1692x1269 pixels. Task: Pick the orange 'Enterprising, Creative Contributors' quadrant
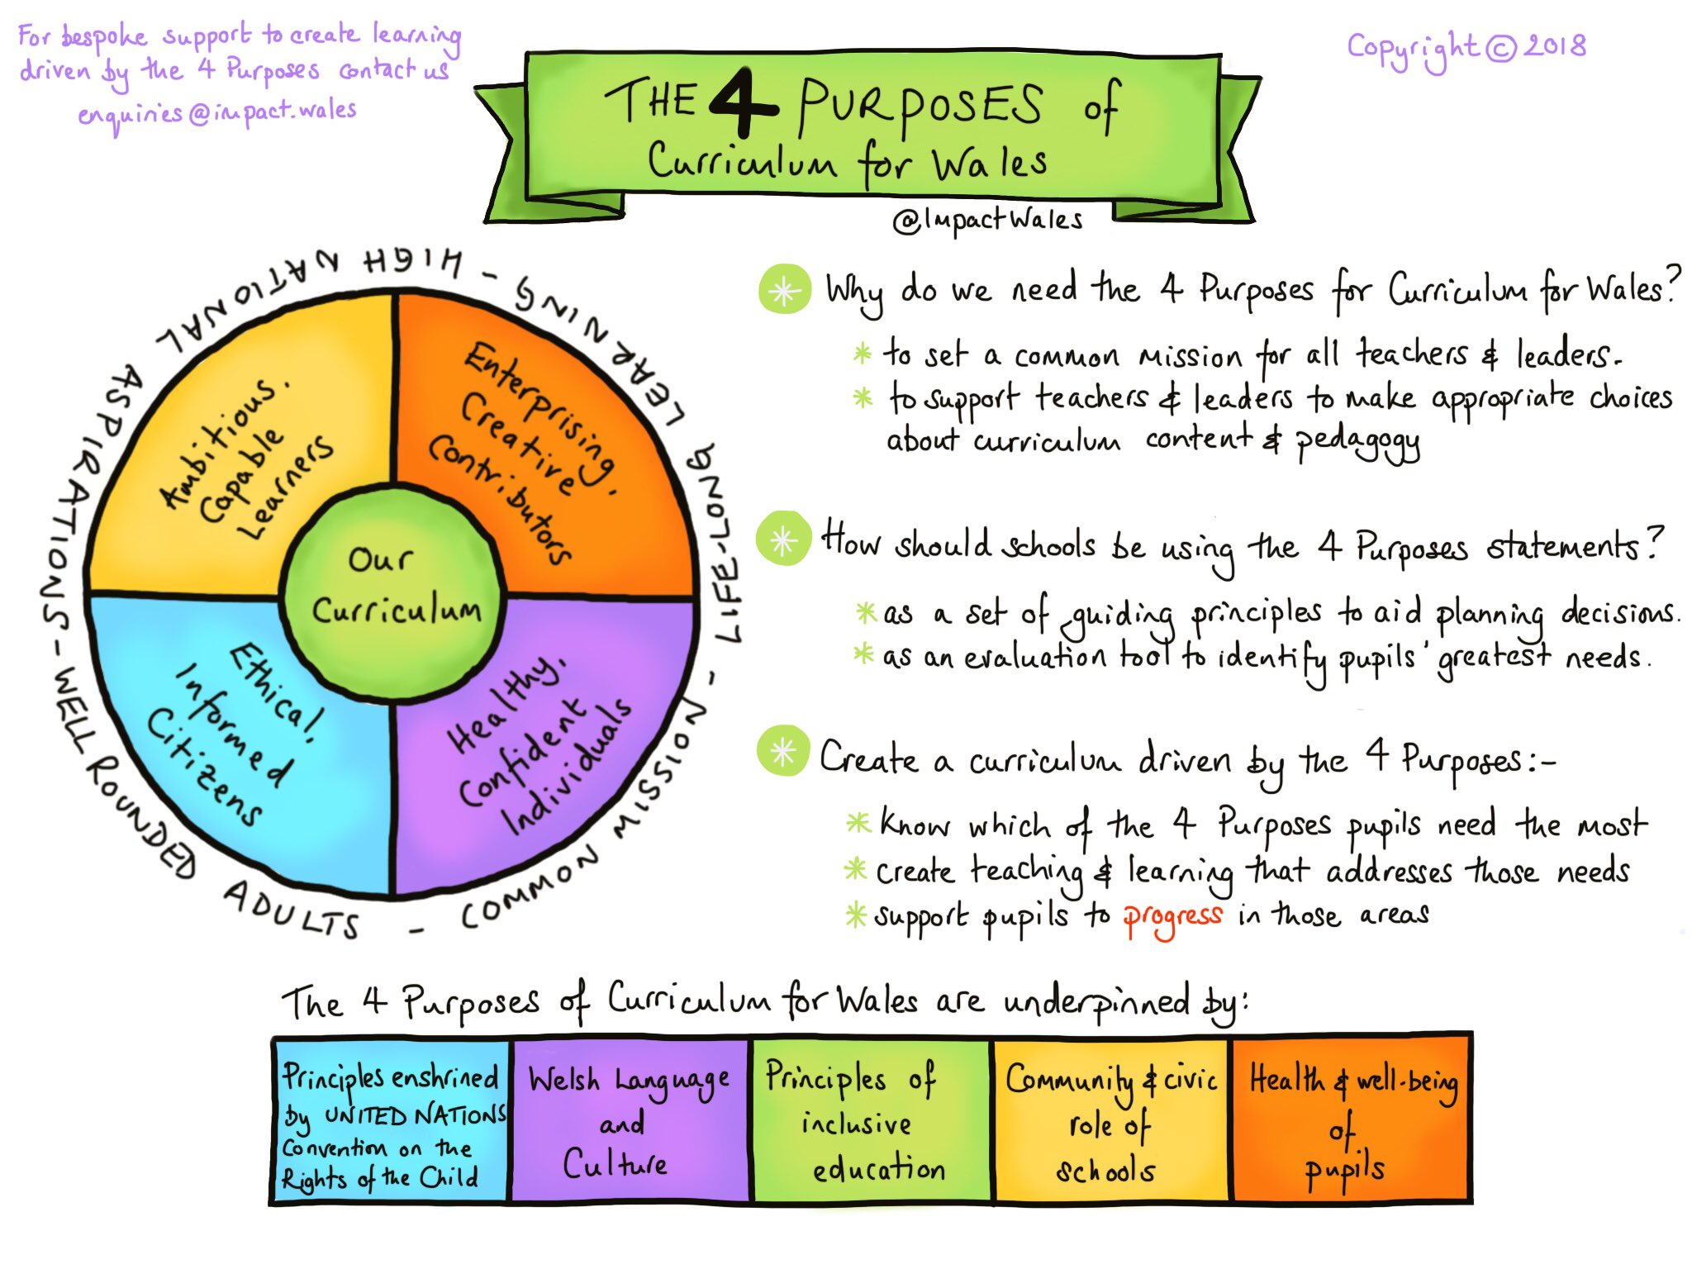[545, 446]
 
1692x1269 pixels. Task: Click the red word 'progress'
[1172, 918]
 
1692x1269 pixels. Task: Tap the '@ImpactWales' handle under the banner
[987, 220]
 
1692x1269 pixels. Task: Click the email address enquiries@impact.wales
[217, 113]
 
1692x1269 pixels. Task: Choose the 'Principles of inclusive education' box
[868, 1119]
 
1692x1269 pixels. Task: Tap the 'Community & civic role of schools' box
[1109, 1119]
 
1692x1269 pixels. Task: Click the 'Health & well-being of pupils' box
[1351, 1119]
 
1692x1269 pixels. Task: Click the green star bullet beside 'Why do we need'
[784, 290]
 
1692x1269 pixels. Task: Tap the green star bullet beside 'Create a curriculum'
[782, 751]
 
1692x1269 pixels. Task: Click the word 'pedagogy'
[1357, 443]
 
